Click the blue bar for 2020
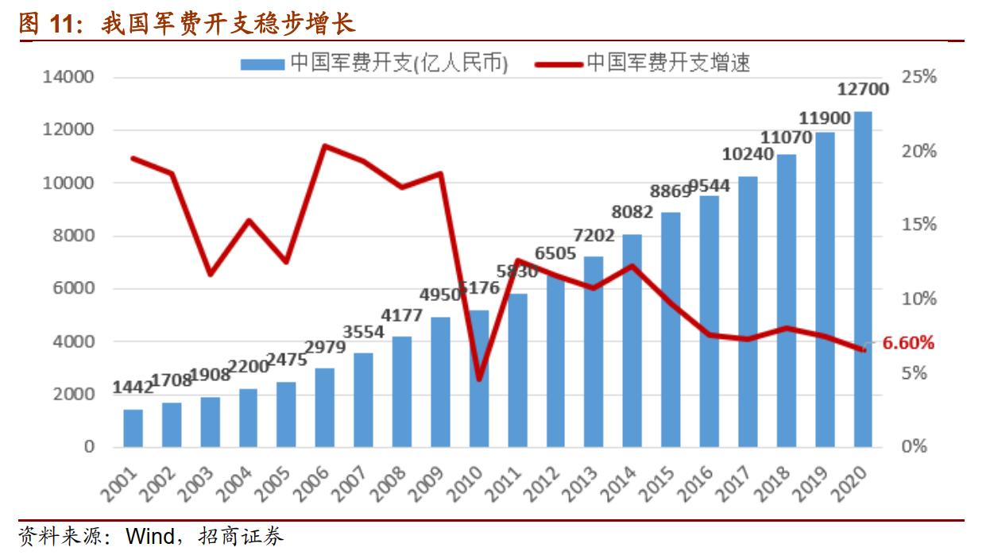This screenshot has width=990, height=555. click(863, 278)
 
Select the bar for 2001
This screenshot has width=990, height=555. click(133, 428)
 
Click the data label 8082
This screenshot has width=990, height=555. click(632, 212)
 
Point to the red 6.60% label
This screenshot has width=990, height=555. click(908, 343)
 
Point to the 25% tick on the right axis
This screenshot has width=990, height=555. click(919, 78)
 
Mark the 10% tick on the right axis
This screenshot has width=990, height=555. click(919, 299)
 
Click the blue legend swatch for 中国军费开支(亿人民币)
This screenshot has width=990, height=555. click(262, 63)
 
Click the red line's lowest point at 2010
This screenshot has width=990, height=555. click(479, 379)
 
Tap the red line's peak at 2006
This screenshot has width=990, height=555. click(325, 146)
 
